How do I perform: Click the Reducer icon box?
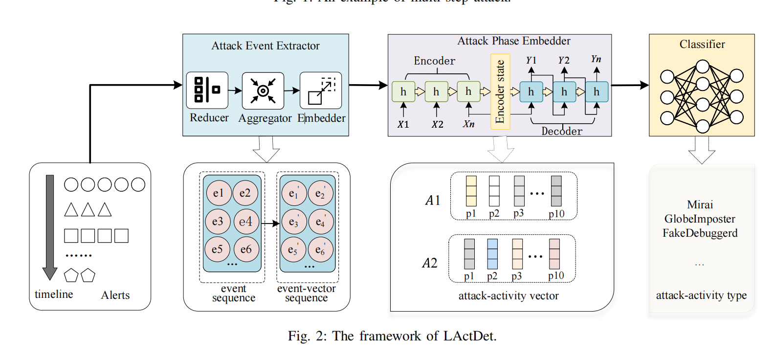207,90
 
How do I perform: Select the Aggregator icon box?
263,90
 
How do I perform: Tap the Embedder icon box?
320,90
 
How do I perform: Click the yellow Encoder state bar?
500,91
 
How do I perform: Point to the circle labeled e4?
245,222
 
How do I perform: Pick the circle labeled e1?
218,193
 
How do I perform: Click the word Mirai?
700,204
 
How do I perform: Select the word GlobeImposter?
700,219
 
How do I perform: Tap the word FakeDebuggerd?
700,233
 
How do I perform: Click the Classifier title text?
702,45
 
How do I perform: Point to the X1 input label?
403,124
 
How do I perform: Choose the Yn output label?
596,59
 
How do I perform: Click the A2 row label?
430,263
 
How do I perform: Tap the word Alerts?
115,295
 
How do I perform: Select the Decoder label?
562,131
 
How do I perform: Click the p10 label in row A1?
556,214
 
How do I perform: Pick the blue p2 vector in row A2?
492,254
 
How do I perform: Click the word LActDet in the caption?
469,336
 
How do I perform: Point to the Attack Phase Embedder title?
513,41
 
